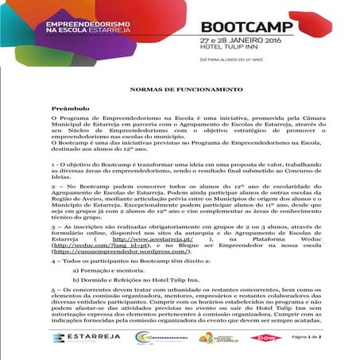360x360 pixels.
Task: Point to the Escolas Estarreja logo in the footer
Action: click(215, 337)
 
